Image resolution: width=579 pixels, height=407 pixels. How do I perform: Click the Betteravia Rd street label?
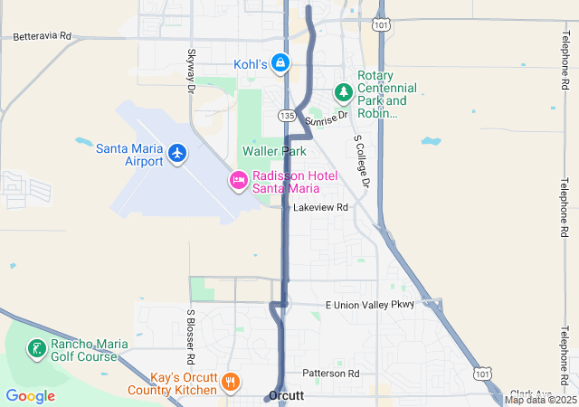pyautogui.click(x=42, y=36)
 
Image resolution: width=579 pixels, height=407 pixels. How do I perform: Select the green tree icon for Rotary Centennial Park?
pyautogui.click(x=344, y=91)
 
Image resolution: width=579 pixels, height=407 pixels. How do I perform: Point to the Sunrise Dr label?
pyautogui.click(x=327, y=118)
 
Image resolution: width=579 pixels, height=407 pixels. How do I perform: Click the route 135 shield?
pyautogui.click(x=287, y=116)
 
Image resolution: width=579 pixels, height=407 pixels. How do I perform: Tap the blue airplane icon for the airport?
pyautogui.click(x=177, y=154)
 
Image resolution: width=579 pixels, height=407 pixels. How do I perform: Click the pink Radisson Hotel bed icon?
pyautogui.click(x=239, y=181)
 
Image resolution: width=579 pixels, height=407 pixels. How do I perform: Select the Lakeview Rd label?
pyautogui.click(x=320, y=207)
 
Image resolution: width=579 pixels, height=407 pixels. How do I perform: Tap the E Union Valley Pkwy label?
pyautogui.click(x=369, y=305)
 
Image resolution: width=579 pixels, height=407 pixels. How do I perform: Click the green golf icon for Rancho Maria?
pyautogui.click(x=35, y=349)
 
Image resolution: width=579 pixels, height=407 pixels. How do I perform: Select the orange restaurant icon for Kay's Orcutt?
pyautogui.click(x=231, y=382)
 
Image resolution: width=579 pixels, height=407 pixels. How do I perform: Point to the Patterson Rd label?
pyautogui.click(x=331, y=373)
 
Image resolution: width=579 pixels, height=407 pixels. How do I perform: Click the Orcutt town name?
pyautogui.click(x=285, y=396)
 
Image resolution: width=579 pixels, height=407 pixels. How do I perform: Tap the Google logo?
pyautogui.click(x=30, y=395)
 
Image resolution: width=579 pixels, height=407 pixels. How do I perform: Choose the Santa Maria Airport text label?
pyautogui.click(x=129, y=155)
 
